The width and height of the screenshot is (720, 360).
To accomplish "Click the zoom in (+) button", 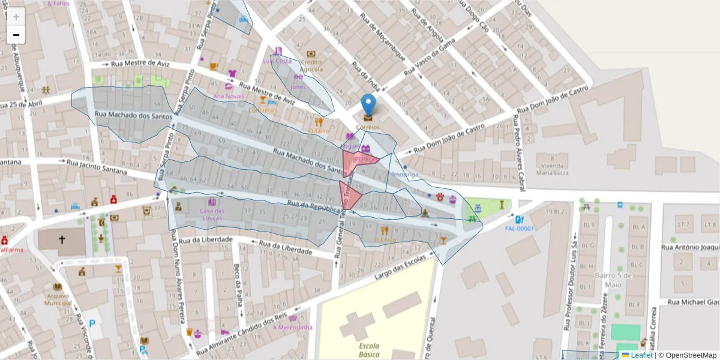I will tap(16, 16).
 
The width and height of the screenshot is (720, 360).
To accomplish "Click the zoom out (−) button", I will tap(16, 35).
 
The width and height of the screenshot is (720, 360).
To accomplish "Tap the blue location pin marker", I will tap(368, 104).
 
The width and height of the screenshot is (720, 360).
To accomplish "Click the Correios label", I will tap(368, 127).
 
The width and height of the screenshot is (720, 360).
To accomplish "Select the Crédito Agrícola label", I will tap(311, 65).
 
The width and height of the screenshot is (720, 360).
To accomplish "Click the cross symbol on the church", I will tap(61, 239).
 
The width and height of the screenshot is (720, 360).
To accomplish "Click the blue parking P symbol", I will tap(92, 323).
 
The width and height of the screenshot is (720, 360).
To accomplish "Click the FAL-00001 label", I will tap(519, 229).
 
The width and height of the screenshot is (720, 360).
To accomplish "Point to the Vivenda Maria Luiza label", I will tap(552, 169).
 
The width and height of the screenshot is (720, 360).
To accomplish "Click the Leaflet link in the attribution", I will tap(641, 355).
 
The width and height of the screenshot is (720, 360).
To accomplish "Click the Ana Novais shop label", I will tap(229, 96).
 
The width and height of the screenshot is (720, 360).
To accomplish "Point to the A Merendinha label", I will tap(293, 327).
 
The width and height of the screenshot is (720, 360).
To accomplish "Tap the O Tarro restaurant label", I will tap(319, 130).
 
